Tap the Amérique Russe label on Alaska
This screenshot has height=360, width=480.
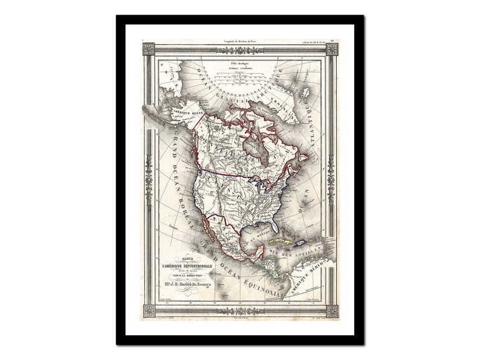coord(170,113)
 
